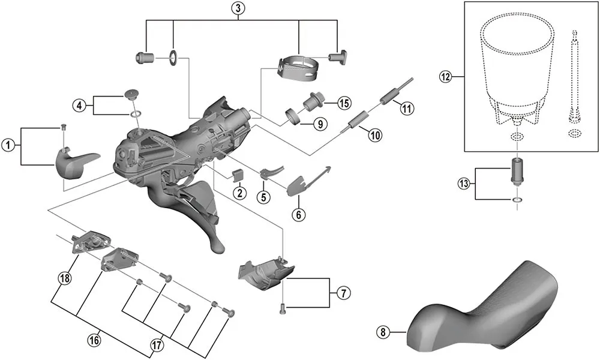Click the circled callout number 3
tap(238, 8)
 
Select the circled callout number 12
tap(445, 77)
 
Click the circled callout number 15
tap(343, 103)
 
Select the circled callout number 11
tap(407, 109)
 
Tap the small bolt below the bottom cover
tap(283, 309)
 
